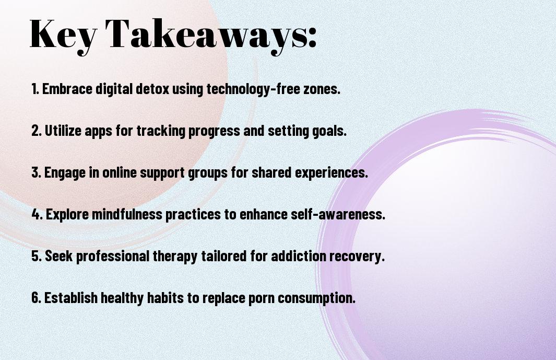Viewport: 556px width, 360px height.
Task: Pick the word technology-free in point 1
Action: coord(253,89)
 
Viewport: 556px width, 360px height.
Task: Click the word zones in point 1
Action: coord(322,89)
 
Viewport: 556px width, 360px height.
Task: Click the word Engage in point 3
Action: coord(65,173)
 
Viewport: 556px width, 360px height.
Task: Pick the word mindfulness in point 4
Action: coord(127,214)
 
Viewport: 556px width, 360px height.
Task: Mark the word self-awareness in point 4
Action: coord(338,214)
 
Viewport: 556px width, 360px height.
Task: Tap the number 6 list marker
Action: coord(36,297)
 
